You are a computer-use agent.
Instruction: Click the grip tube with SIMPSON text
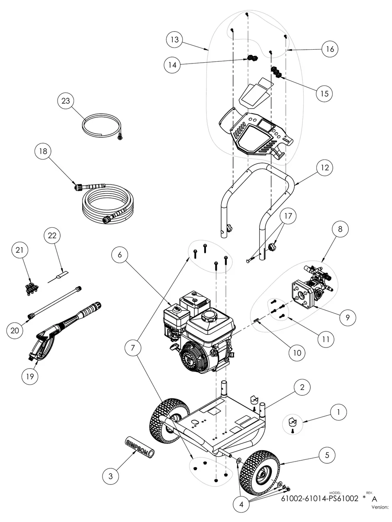click(x=140, y=447)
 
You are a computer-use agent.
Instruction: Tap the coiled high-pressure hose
click(x=108, y=205)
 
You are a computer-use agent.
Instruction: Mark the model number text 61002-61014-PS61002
click(x=322, y=499)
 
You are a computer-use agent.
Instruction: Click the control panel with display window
click(x=255, y=132)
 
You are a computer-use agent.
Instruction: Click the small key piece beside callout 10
click(x=256, y=320)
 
